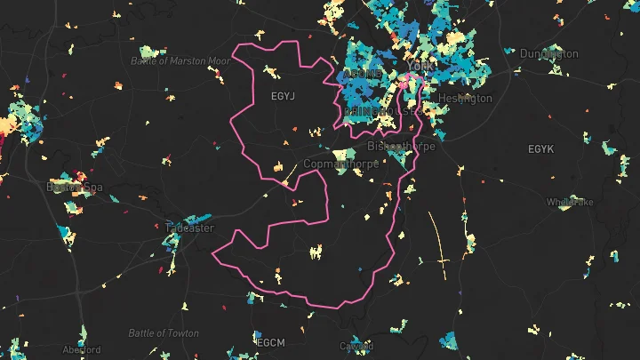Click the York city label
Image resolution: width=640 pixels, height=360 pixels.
tap(417, 68)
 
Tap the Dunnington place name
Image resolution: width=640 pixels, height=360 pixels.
tap(548, 54)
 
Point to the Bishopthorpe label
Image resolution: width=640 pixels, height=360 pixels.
tap(401, 146)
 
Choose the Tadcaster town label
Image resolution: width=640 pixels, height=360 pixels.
tap(188, 228)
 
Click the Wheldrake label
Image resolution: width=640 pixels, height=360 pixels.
tap(570, 202)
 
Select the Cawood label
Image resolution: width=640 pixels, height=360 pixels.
tap(356, 346)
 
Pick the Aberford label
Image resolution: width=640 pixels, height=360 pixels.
tap(81, 349)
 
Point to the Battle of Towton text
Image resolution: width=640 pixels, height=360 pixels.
tap(164, 333)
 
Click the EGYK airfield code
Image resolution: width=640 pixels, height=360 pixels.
tap(540, 148)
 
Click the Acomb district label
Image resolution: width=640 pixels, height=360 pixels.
tap(363, 73)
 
